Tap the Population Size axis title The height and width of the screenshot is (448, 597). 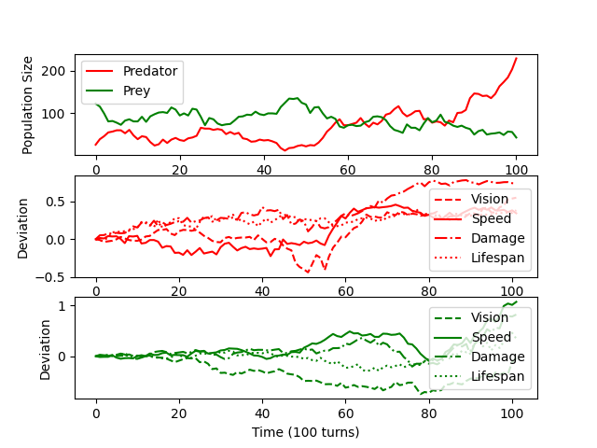click(x=28, y=105)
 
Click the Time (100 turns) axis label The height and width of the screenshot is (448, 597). click(x=305, y=432)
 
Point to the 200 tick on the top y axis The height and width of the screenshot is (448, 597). click(x=54, y=71)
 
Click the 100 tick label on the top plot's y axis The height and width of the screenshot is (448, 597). click(x=54, y=114)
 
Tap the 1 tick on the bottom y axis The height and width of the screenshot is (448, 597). click(x=62, y=306)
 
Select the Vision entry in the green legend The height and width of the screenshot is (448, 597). click(x=491, y=317)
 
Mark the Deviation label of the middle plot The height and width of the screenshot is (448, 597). click(x=22, y=227)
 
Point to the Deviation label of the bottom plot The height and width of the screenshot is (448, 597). click(x=46, y=349)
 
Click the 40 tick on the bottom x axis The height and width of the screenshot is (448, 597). click(x=263, y=412)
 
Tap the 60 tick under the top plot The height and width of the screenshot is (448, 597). click(x=347, y=170)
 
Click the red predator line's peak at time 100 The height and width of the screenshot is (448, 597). click(x=516, y=58)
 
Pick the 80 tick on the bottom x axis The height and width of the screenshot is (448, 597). click(x=431, y=412)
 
